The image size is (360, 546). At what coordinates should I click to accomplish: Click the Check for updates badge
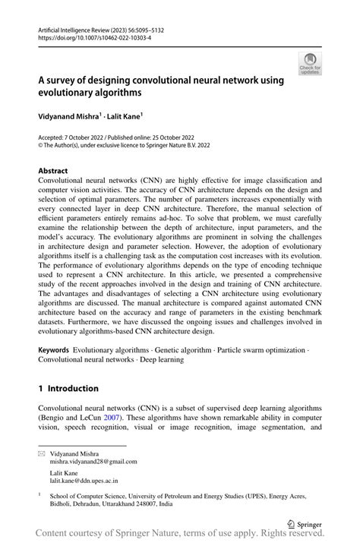coord(309,64)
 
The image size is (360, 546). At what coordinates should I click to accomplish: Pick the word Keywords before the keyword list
coord(53,351)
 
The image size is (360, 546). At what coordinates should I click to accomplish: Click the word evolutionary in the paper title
coord(71,92)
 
